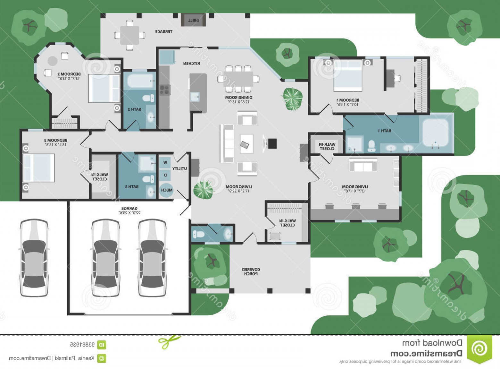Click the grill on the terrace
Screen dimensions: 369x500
[x=193, y=20]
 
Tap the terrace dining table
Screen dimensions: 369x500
[x=129, y=35]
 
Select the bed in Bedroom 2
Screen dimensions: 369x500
[x=104, y=89]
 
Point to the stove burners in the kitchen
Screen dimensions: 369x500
[x=164, y=90]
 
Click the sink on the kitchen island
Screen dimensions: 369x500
[x=195, y=97]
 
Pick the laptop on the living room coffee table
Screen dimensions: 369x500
[x=245, y=145]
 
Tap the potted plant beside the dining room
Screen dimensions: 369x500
[x=292, y=99]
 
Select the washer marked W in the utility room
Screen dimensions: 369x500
[x=165, y=163]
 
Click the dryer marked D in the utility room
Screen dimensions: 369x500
[x=165, y=176]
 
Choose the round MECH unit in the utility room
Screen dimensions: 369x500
[x=166, y=190]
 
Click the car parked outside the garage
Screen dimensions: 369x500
[x=34, y=257]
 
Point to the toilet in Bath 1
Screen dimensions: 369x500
[x=371, y=146]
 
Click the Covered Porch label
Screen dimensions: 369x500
[x=251, y=272]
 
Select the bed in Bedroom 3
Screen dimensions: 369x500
[x=39, y=168]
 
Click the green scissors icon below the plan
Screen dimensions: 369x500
[x=169, y=342]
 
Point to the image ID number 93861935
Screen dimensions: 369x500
[x=82, y=345]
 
